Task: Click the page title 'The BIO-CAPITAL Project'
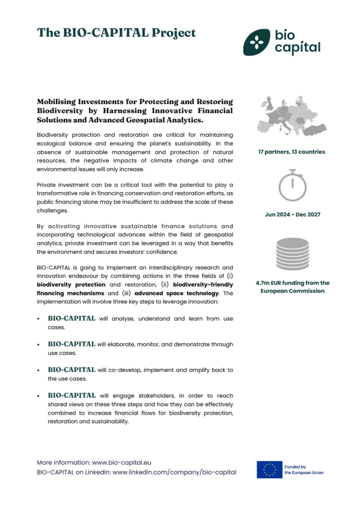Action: tap(116, 33)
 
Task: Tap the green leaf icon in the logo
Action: tap(257, 42)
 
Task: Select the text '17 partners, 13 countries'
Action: tap(291, 151)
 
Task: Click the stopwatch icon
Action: tap(292, 185)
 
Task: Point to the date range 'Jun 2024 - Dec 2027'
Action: tap(292, 214)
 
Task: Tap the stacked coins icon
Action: tap(292, 254)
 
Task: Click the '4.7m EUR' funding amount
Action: tap(270, 283)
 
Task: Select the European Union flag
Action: tap(269, 469)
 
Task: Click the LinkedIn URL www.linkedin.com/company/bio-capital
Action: tap(174, 472)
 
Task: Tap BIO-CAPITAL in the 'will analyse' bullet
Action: tap(71, 318)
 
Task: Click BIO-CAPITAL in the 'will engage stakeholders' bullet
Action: tap(71, 395)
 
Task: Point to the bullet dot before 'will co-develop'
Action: tap(39, 370)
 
